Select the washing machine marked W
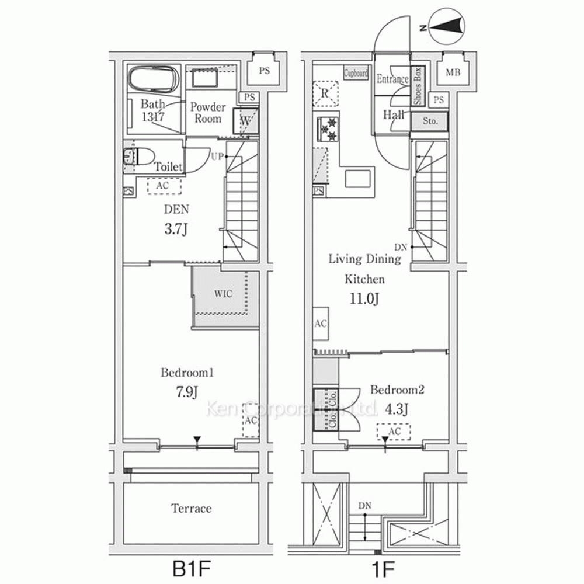click(x=245, y=121)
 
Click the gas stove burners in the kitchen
click(x=328, y=129)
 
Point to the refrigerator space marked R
click(x=325, y=93)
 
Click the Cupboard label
click(x=356, y=73)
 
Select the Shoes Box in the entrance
click(x=418, y=86)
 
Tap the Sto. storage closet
click(x=430, y=121)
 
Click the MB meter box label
click(x=453, y=72)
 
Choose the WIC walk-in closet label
click(x=223, y=294)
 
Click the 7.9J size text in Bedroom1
click(x=187, y=392)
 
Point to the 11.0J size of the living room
click(x=364, y=298)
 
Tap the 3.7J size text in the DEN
click(x=176, y=229)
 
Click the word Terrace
click(x=191, y=509)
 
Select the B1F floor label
click(x=192, y=568)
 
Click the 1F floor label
click(x=383, y=569)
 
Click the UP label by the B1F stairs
click(x=218, y=157)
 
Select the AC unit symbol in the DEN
click(x=164, y=186)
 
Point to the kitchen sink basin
click(x=357, y=178)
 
